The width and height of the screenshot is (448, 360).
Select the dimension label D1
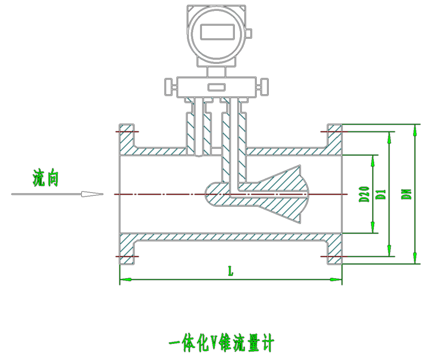[x=382, y=194]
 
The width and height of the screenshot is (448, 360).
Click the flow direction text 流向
[x=45, y=177]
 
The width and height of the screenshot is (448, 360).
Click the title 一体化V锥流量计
[x=221, y=343]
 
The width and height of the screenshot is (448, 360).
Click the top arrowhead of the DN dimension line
[x=415, y=129]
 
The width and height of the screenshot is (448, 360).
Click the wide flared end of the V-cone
[x=302, y=193]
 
